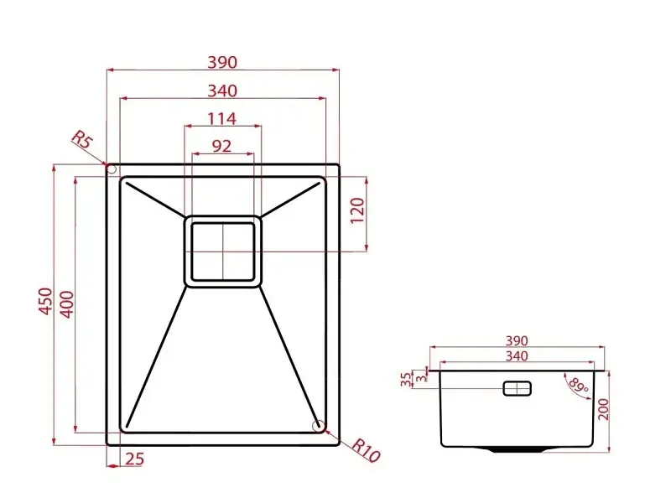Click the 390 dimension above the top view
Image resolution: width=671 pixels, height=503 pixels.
(x=222, y=62)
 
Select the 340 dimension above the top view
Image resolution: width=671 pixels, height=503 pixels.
(x=222, y=91)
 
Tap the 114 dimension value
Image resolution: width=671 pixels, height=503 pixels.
(x=221, y=118)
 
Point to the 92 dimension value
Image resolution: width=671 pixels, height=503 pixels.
(x=221, y=146)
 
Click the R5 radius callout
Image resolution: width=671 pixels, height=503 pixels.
(x=81, y=139)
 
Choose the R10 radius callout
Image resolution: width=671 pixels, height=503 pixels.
(x=366, y=450)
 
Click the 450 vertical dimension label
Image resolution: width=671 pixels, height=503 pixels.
(x=46, y=302)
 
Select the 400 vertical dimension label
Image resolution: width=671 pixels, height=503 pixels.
(x=67, y=304)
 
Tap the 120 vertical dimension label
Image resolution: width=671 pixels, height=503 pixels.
(x=357, y=210)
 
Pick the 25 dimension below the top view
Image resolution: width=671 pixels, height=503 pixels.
(x=135, y=459)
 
